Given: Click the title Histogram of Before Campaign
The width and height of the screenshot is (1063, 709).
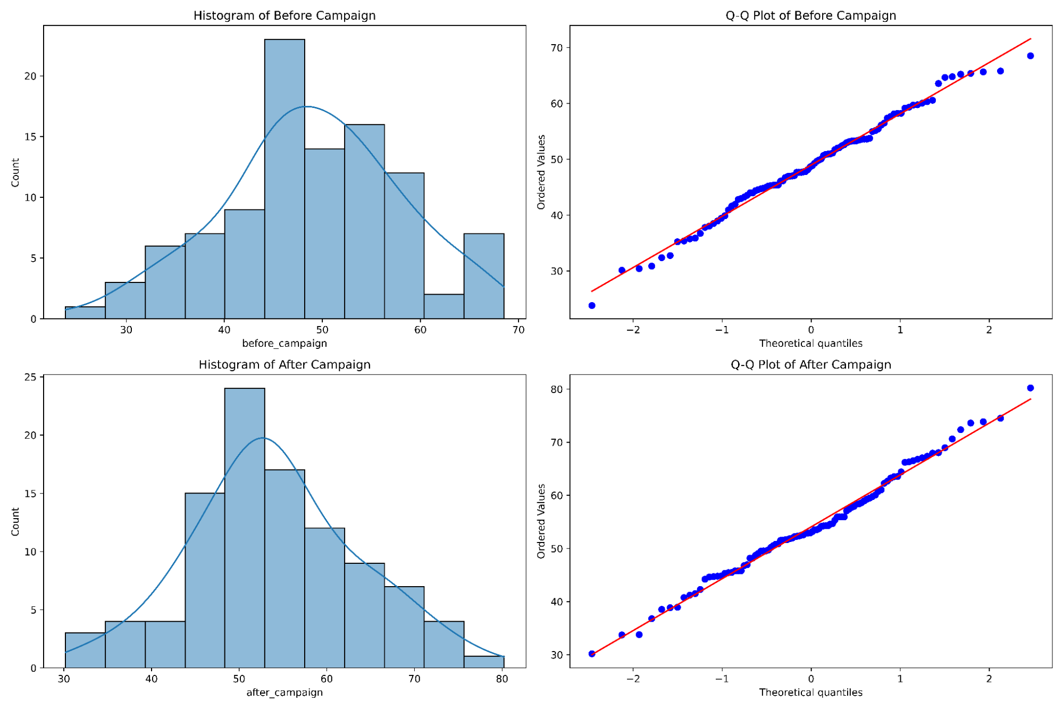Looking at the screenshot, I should pyautogui.click(x=284, y=15).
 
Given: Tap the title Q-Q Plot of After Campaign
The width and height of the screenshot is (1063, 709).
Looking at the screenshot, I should pyautogui.click(x=810, y=364).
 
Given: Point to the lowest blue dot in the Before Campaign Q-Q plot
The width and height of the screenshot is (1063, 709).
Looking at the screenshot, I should pyautogui.click(x=592, y=305).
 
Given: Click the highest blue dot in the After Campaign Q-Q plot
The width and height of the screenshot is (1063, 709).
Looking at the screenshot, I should pyautogui.click(x=1030, y=388).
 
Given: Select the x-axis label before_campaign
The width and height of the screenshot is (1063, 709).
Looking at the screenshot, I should pyautogui.click(x=284, y=343).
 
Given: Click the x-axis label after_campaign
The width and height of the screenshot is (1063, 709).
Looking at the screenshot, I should pyautogui.click(x=284, y=692).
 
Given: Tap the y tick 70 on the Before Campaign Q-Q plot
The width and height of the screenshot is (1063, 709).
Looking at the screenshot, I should pyautogui.click(x=556, y=48).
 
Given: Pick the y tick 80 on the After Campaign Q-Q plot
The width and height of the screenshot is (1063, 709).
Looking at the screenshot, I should pyautogui.click(x=556, y=389).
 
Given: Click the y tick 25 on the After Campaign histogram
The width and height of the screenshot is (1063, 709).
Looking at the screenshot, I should pyautogui.click(x=30, y=377).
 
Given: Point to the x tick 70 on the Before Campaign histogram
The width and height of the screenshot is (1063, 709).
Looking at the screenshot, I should pyautogui.click(x=518, y=330).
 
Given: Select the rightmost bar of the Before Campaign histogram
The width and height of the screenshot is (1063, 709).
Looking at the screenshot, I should pyautogui.click(x=483, y=276).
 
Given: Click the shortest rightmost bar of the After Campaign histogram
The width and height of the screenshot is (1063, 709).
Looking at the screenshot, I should pyautogui.click(x=483, y=662).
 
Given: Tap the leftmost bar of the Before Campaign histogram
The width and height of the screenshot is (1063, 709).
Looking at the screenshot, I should pyautogui.click(x=85, y=313).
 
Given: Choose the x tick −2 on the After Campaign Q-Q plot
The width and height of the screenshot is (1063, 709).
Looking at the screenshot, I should pyautogui.click(x=633, y=679).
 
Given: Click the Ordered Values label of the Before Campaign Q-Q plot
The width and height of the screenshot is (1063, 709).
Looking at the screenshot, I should pyautogui.click(x=541, y=172).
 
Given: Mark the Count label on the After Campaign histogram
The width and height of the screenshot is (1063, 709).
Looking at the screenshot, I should pyautogui.click(x=15, y=521).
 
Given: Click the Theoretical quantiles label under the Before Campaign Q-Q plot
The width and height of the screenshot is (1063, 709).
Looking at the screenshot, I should pyautogui.click(x=810, y=343).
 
